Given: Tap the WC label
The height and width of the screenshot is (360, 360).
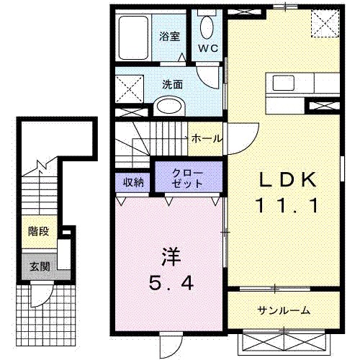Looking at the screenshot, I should [x=209, y=48].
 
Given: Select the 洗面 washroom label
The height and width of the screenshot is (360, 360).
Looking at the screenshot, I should [x=173, y=84].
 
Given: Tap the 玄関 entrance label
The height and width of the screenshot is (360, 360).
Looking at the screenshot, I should [x=38, y=265].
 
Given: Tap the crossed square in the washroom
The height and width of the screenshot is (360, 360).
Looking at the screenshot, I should [x=130, y=89].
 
